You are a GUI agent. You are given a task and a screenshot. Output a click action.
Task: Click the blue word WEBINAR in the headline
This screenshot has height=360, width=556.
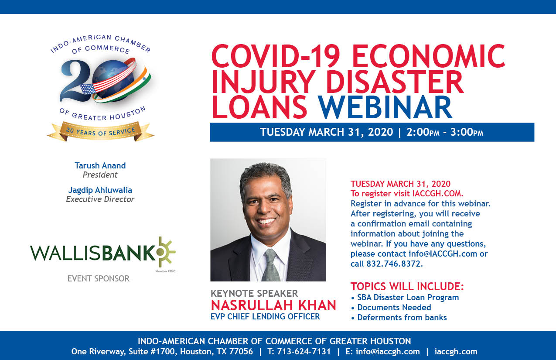[385, 107]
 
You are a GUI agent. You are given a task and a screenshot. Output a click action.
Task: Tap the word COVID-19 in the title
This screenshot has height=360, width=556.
[276, 56]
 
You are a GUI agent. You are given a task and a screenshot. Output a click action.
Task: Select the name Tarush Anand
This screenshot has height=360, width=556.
[100, 165]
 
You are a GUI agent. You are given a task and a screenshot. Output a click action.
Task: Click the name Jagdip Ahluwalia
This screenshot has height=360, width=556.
[100, 190]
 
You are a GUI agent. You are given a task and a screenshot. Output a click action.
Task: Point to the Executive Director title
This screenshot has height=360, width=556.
[100, 199]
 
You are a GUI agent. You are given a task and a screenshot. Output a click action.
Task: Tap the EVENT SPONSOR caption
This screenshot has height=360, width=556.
[98, 278]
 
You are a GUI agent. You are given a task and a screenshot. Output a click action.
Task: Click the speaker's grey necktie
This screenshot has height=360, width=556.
[271, 265]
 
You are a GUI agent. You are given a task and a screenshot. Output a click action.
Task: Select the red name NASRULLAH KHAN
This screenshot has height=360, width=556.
[273, 305]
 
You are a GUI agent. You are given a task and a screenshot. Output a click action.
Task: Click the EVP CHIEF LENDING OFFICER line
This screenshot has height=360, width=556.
[265, 316]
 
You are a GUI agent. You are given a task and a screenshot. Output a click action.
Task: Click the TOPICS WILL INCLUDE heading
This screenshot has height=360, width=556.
[407, 286]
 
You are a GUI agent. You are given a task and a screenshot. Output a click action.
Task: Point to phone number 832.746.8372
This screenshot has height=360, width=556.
[394, 264]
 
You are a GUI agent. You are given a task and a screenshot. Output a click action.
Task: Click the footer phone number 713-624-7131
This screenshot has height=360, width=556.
[304, 352]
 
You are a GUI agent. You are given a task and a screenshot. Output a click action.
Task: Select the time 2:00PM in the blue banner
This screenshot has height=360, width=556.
[423, 132]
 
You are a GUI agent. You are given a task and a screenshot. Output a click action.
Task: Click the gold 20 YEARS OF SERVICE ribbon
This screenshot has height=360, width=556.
[101, 131]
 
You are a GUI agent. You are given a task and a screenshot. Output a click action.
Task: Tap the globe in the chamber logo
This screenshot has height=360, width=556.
[113, 81]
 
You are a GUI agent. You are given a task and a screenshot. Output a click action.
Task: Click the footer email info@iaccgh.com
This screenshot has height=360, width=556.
[388, 352]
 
